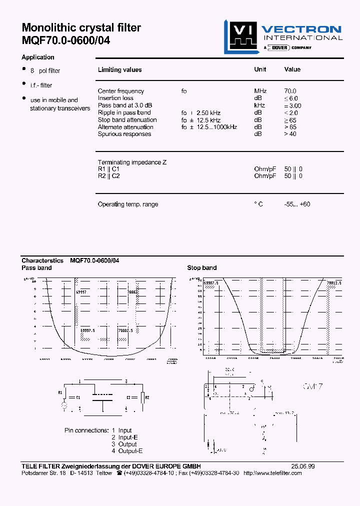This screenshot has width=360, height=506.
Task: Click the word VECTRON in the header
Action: point(302,29)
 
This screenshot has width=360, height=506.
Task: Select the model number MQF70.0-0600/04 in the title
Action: point(65,40)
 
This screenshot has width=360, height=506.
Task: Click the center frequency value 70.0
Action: point(290,91)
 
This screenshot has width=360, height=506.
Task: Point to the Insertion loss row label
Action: point(115,98)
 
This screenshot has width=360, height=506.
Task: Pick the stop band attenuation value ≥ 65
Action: point(290,120)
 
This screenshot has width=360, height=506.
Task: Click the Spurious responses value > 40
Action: point(290,134)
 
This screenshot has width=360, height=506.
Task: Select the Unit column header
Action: point(260,69)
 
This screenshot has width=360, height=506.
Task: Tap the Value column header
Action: point(292,69)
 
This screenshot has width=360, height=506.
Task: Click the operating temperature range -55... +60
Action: point(297,204)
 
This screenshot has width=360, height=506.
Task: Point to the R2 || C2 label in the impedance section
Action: point(108,176)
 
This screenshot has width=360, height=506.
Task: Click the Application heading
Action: point(38,57)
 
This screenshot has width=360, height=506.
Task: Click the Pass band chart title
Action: point(36,268)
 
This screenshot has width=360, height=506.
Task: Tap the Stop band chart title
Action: point(202,268)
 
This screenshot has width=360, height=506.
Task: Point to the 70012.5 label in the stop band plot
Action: point(334,283)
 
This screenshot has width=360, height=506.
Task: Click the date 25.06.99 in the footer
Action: point(302,466)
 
